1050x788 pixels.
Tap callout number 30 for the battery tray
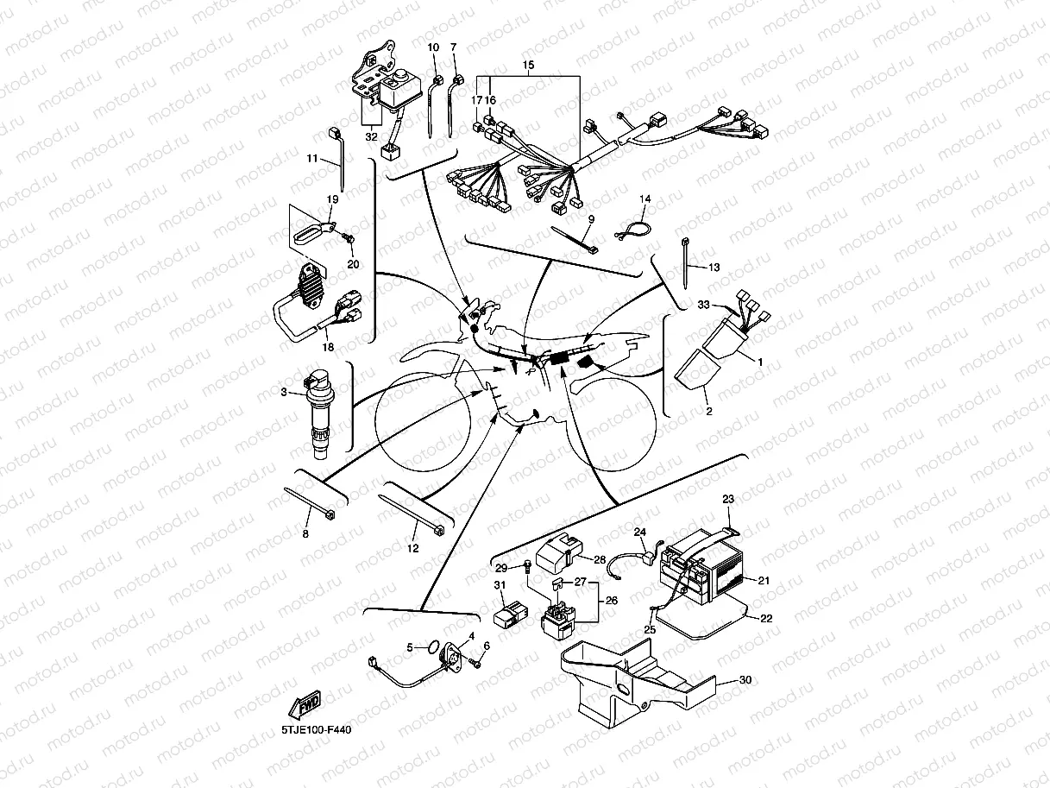(745, 680)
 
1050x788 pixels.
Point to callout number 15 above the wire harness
(529, 66)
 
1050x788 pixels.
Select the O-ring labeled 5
(424, 646)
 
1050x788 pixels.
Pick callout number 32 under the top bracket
(372, 136)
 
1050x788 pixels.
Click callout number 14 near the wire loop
(644, 199)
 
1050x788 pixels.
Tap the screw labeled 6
(476, 664)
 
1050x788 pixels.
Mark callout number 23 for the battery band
(728, 499)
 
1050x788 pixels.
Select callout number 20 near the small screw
(352, 263)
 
